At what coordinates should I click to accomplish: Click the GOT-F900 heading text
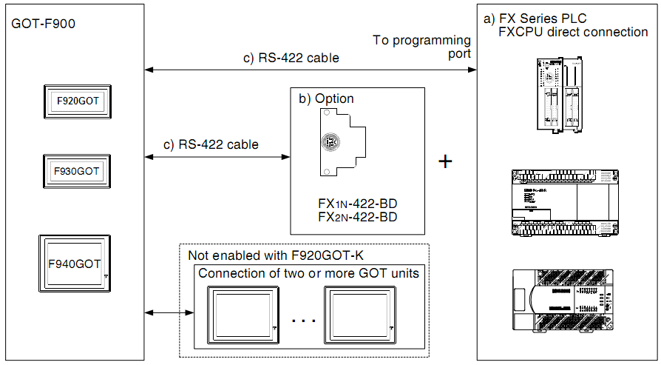tap(44, 24)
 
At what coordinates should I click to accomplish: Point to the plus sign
tap(445, 161)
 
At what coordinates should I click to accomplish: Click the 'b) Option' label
tap(326, 98)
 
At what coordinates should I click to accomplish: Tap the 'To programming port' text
tap(421, 47)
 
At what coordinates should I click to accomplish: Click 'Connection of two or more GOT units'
tap(308, 272)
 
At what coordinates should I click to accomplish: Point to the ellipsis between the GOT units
tap(303, 321)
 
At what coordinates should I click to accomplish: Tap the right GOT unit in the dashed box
tap(359, 312)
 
